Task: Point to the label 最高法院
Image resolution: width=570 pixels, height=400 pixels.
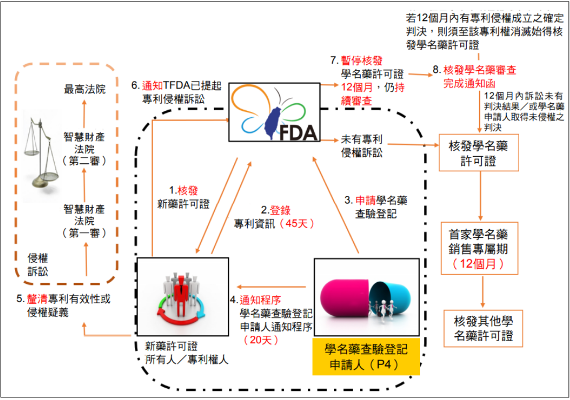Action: coord(85,89)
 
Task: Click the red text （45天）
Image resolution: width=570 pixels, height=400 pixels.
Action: coord(293,223)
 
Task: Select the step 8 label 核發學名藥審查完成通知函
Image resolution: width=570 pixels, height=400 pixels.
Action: coord(474,77)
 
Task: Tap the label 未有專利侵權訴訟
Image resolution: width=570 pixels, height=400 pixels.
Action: coord(362,146)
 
